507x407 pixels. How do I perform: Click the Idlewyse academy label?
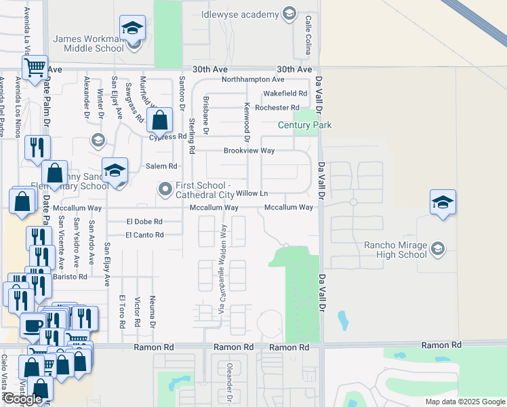click(240, 15)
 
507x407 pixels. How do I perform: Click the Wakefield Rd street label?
click(285, 93)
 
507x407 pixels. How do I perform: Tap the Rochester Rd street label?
click(277, 108)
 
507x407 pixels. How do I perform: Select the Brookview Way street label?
click(249, 151)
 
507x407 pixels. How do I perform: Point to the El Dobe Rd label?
click(144, 221)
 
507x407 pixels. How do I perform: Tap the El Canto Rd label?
click(144, 235)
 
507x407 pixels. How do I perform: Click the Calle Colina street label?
click(308, 35)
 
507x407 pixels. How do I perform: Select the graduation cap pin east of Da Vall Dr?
click(442, 201)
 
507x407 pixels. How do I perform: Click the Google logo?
click(22, 400)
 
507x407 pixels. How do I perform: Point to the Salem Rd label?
click(161, 166)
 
